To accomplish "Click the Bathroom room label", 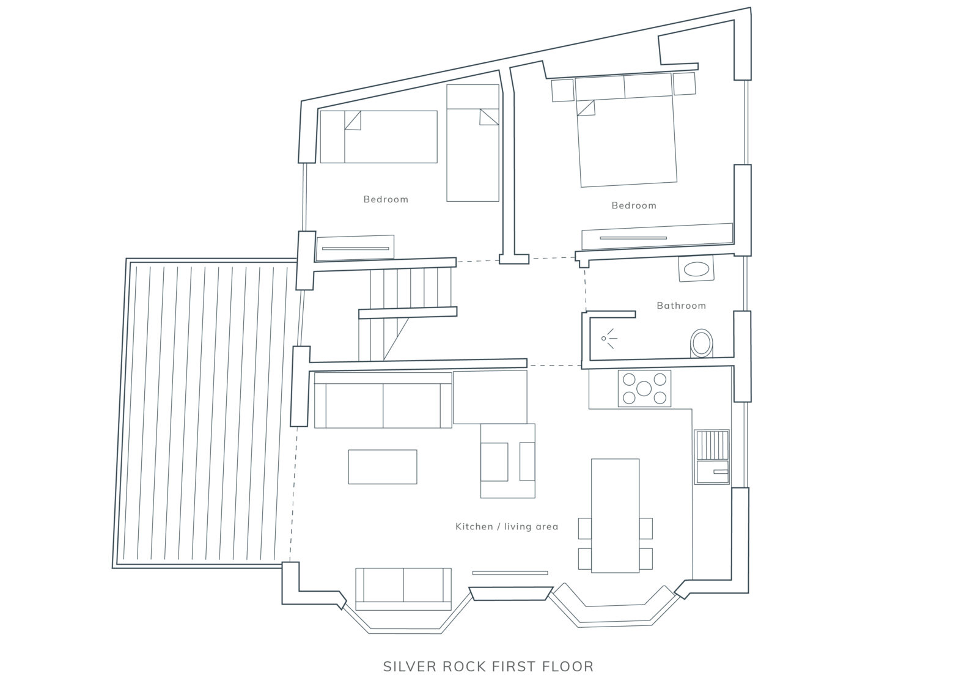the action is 681,306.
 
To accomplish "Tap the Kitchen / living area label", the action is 507,526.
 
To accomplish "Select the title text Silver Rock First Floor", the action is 488,666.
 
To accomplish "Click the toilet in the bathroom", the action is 701,343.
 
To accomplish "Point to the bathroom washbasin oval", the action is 696,269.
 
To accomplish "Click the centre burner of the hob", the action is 644,388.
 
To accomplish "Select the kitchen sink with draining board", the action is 711,457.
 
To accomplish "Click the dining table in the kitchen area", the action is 615,515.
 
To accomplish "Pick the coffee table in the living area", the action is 383,466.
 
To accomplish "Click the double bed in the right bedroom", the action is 627,130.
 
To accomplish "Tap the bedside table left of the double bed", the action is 563,90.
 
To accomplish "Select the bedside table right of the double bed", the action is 684,84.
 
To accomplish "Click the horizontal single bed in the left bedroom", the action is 378,137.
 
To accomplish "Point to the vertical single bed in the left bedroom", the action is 472,143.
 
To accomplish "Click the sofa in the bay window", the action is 403,589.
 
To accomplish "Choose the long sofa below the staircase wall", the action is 383,400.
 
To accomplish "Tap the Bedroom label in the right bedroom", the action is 634,205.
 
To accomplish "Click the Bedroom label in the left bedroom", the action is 386,199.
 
